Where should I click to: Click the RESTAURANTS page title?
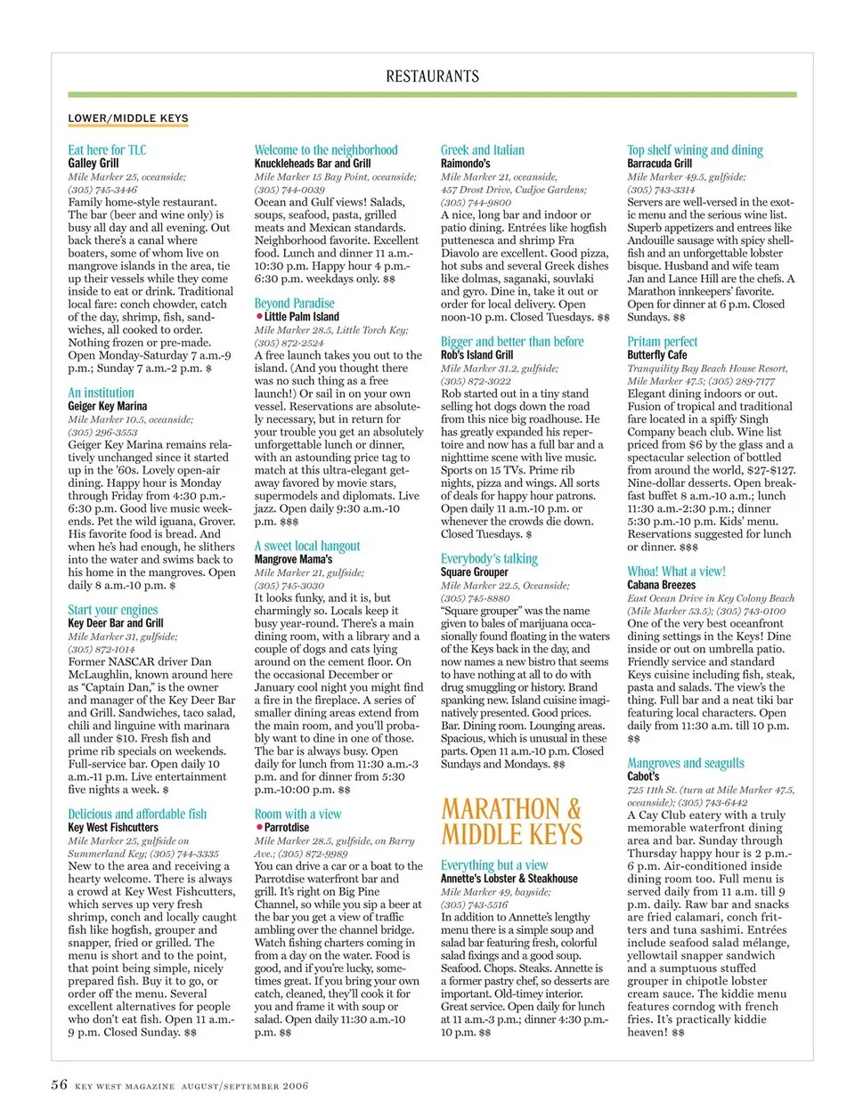coord(432,77)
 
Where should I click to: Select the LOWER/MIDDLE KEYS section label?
coord(128,118)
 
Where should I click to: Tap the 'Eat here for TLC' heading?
coord(107,150)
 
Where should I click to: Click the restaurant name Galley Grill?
coord(94,163)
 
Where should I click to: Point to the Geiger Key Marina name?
coord(108,406)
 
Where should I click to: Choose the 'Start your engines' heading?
coord(113,610)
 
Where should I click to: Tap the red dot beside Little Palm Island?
coord(258,316)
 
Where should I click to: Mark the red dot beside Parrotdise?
coord(258,827)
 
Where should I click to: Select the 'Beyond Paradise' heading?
coord(295,303)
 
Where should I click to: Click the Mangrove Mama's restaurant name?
coord(293,559)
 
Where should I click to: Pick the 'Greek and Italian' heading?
coord(483,150)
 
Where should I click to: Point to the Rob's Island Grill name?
coord(477,354)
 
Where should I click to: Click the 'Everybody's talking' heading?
coord(489,558)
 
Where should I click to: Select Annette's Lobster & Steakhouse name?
coord(509,878)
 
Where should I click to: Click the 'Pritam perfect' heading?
coord(663,341)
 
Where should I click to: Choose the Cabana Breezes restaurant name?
coord(662,585)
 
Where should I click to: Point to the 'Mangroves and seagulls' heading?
coord(686,763)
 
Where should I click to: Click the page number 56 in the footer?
coord(59,1084)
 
